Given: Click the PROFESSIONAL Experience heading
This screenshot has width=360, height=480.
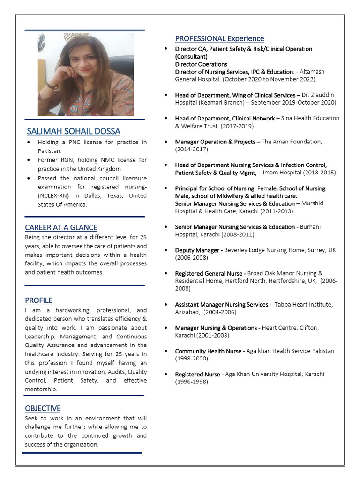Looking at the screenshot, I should point(219,38).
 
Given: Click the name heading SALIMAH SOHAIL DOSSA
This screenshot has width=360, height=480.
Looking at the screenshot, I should point(74,131).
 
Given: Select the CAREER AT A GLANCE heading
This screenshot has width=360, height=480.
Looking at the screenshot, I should point(61,227).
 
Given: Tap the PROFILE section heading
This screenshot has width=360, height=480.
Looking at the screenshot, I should point(38,300).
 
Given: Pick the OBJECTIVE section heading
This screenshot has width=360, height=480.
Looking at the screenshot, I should point(43,408).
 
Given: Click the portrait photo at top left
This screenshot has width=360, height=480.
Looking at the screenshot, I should point(86,74).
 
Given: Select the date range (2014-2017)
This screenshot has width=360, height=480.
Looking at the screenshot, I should point(191,149).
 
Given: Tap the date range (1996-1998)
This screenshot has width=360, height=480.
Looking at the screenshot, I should point(191,382).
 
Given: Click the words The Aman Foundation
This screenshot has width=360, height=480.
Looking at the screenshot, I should point(292,142).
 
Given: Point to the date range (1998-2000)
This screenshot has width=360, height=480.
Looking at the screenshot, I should point(191,359).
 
